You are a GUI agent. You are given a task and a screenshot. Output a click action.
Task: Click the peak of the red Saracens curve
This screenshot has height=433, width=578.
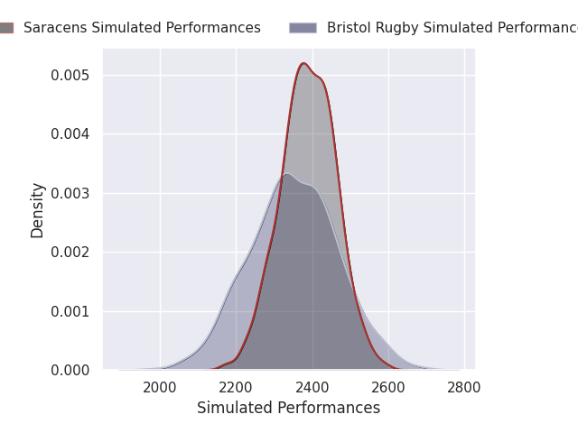[303, 63]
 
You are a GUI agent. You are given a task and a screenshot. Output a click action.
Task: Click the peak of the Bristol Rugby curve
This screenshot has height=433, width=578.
[287, 174]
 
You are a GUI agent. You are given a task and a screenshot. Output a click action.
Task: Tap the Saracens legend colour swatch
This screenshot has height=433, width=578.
[6, 28]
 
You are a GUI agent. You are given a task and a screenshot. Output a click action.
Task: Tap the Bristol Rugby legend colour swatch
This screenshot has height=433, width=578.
[303, 28]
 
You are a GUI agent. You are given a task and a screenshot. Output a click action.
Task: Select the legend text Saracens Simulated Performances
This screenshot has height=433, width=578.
[142, 28]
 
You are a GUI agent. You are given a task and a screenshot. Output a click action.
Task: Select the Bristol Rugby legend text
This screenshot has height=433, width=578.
[452, 28]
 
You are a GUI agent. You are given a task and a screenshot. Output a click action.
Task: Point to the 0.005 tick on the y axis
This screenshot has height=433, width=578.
[70, 76]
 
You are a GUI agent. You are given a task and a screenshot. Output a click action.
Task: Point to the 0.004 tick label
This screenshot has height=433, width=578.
[70, 134]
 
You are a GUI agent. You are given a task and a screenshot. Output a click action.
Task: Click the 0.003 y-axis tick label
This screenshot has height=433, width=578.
[70, 194]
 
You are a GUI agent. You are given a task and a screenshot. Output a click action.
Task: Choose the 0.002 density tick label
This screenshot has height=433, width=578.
[70, 253]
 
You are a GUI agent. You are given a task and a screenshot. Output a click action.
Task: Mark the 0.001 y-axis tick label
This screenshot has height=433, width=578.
[70, 312]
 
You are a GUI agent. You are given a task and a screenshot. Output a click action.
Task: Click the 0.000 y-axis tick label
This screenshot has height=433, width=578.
[70, 371]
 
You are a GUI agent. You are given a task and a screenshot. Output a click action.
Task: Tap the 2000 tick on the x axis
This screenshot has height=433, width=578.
[160, 388]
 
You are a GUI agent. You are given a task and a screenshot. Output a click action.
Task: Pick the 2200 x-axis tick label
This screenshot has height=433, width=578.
[236, 388]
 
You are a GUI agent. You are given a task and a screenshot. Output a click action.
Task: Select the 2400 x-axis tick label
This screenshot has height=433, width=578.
[312, 388]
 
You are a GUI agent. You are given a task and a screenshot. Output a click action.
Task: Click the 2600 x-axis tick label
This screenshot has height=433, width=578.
[387, 388]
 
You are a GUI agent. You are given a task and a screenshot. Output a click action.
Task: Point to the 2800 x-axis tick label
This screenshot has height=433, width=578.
[463, 388]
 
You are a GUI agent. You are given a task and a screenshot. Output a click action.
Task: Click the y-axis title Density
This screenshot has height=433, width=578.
[37, 210]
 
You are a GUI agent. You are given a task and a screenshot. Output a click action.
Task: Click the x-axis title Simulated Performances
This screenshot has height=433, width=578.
[289, 408]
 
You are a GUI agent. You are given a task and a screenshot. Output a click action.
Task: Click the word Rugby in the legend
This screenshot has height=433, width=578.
[396, 28]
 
